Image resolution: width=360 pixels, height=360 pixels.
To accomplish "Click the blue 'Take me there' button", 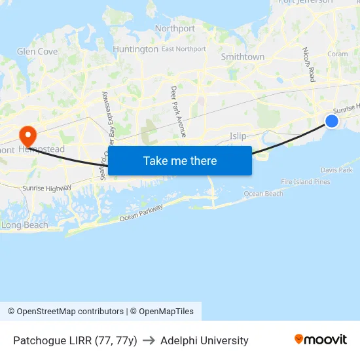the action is (180, 160).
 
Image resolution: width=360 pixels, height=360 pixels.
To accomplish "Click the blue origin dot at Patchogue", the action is (332, 121).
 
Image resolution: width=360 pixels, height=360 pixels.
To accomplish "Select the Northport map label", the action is (175, 29).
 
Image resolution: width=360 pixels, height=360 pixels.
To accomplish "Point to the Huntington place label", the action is (135, 49).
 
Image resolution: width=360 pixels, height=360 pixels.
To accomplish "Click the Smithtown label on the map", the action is (243, 57).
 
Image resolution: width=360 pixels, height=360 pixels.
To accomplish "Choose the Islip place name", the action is (238, 136).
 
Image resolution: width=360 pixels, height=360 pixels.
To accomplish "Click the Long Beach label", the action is (25, 225).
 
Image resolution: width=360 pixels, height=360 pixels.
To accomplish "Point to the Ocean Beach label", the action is (264, 194).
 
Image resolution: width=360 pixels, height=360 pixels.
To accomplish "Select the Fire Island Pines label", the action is (306, 182).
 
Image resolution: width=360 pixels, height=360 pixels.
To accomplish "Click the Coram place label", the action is (337, 54).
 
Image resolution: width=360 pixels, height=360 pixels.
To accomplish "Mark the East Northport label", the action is (183, 49).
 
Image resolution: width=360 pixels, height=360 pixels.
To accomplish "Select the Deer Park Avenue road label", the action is (179, 111).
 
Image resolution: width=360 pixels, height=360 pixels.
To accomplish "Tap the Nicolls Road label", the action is (308, 64).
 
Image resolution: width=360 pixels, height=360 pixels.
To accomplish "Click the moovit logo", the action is (321, 340).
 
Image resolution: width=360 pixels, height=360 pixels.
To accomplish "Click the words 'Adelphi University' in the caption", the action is (204, 340).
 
